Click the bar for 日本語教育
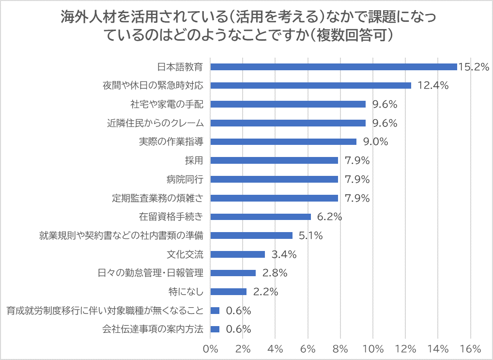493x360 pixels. click(x=334, y=67)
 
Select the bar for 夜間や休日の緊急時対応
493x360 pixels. click(x=311, y=85)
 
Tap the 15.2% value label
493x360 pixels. click(x=473, y=67)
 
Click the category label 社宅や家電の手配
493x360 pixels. click(x=167, y=104)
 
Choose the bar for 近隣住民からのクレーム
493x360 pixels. click(x=288, y=123)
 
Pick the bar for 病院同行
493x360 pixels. click(x=274, y=179)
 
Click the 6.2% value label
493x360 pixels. click(x=329, y=217)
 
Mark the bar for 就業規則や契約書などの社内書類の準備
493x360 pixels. click(x=251, y=235)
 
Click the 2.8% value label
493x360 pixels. click(x=275, y=273)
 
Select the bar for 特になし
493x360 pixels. click(x=228, y=292)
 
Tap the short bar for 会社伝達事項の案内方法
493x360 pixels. click(x=215, y=329)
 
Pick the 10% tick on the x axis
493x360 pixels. click(x=373, y=348)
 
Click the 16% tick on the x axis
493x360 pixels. click(x=470, y=348)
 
